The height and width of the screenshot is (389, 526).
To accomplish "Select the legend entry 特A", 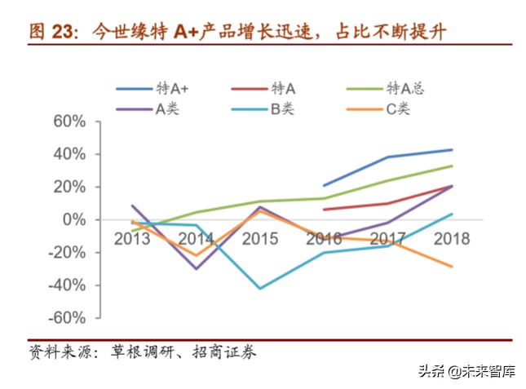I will click(283, 88).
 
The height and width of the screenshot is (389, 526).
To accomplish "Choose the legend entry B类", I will click(282, 108).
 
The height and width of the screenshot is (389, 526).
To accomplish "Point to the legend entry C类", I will click(398, 108).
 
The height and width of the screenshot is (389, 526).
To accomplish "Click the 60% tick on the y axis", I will click(69, 122).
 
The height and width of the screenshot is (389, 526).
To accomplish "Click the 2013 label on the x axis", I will click(131, 239).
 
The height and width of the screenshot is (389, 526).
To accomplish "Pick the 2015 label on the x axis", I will click(259, 239).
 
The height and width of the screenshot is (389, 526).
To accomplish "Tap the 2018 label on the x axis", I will click(452, 239).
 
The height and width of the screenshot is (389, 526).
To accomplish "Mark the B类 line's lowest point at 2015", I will click(260, 289).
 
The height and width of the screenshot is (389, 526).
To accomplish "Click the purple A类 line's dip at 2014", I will click(196, 268).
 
